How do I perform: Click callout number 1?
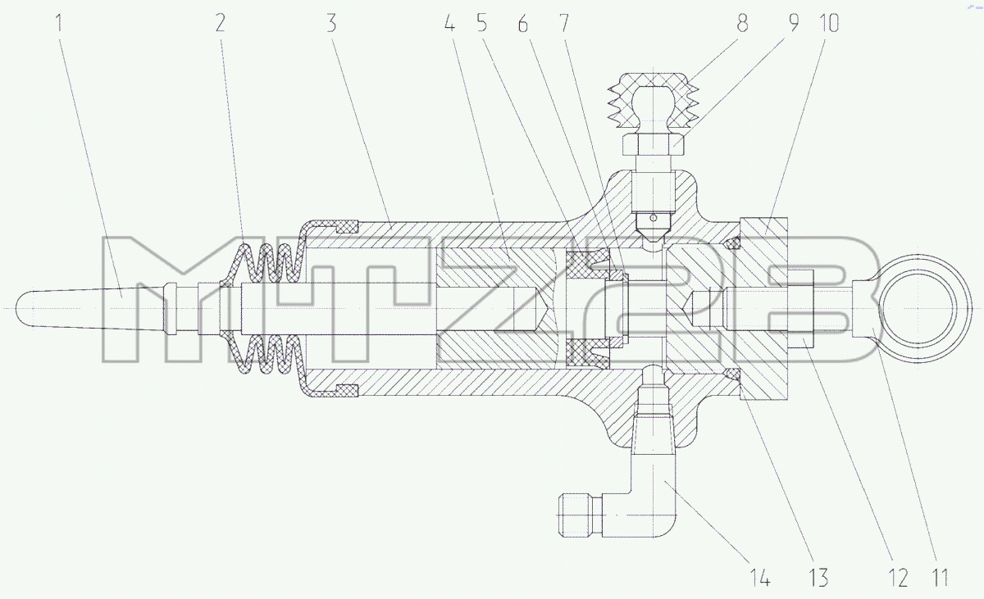pyautogui.click(x=59, y=23)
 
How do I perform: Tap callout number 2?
pyautogui.click(x=221, y=23)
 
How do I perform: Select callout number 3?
pyautogui.click(x=332, y=23)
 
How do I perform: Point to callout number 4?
pyautogui.click(x=449, y=23)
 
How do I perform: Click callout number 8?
pyautogui.click(x=742, y=23)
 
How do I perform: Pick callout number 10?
pyautogui.click(x=829, y=23)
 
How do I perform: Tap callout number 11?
pyautogui.click(x=940, y=578)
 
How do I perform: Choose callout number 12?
pyautogui.click(x=899, y=578)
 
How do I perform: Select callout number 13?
pyautogui.click(x=818, y=578)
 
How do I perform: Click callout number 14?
pyautogui.click(x=760, y=578)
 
